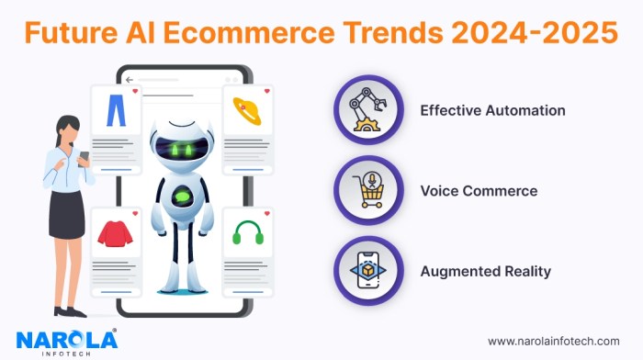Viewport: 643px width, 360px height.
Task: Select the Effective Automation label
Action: [492, 110]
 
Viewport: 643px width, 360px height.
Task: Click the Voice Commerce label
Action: [479, 191]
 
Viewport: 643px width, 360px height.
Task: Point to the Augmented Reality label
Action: [486, 271]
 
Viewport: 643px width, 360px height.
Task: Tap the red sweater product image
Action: [115, 232]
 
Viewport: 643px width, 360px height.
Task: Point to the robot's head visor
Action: [182, 147]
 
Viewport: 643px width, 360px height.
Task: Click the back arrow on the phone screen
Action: [130, 79]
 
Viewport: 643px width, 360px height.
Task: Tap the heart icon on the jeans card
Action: [135, 92]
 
